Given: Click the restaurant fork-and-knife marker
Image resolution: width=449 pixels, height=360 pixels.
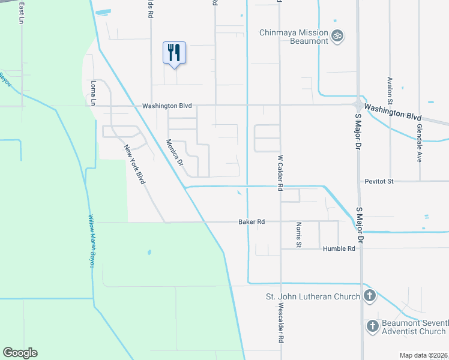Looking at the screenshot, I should click(174, 52).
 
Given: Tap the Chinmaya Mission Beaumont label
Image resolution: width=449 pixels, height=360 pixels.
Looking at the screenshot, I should click(294, 37).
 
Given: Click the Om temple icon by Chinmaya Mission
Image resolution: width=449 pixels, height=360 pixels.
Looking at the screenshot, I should click(338, 35).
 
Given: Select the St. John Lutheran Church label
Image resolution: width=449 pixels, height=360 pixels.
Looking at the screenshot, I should click(313, 296).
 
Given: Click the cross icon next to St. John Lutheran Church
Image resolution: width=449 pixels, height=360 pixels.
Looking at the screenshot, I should click(370, 296).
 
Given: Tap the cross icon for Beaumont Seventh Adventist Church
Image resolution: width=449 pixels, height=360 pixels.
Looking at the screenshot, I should click(372, 326).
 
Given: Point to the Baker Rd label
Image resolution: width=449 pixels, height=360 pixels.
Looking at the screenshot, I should click(252, 222).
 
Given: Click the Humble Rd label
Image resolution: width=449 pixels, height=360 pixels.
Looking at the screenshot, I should click(339, 248).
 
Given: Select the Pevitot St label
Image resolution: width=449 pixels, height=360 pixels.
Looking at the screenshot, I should click(379, 181).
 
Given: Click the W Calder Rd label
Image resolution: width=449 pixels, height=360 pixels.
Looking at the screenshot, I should click(280, 173).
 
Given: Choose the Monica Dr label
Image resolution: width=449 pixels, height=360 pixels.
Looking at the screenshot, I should click(174, 152).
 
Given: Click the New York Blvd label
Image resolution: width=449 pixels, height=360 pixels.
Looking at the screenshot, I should click(134, 164).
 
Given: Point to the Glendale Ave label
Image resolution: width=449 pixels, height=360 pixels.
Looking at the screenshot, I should click(420, 147).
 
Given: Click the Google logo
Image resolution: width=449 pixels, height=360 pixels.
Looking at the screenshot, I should click(20, 353).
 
